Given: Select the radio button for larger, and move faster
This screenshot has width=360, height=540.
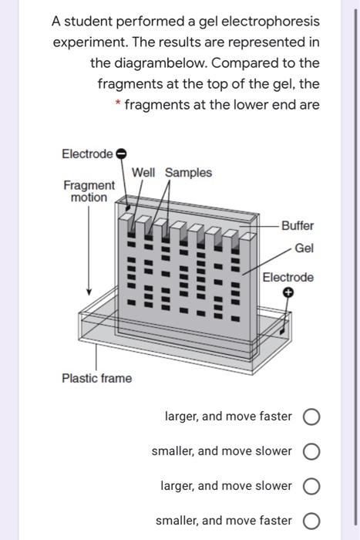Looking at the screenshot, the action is [x=311, y=417].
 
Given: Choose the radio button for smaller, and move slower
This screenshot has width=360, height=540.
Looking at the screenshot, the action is [x=311, y=451].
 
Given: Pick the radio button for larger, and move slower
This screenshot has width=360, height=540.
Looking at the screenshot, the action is [x=311, y=486].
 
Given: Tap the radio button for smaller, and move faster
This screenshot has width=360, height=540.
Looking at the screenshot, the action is [x=311, y=521].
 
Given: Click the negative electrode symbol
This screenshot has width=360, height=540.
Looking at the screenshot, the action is [x=121, y=154].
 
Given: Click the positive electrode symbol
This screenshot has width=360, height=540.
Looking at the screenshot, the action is [x=288, y=292].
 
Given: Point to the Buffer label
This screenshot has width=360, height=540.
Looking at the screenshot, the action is [x=298, y=226].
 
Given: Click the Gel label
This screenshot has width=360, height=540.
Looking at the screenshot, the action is [x=304, y=248].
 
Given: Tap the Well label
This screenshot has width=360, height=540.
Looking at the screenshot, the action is [x=143, y=172].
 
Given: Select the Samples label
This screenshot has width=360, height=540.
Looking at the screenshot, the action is [x=188, y=173].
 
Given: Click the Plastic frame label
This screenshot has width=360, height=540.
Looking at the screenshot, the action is [x=96, y=378].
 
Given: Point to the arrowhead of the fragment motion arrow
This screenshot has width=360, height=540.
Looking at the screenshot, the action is [x=89, y=292].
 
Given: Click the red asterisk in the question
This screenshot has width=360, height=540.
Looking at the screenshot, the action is [x=118, y=103].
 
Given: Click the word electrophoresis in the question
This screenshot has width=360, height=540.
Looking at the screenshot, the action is [x=271, y=22].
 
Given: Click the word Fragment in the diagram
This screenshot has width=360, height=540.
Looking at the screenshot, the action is [x=89, y=185].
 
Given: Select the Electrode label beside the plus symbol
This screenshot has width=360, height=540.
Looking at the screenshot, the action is [x=288, y=277].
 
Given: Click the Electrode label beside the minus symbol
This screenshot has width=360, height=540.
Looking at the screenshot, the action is [x=87, y=154].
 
